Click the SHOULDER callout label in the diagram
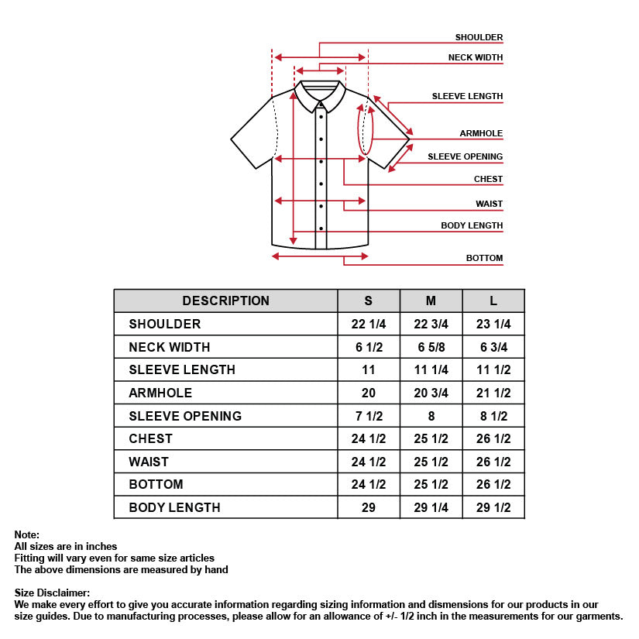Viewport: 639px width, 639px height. coord(479,37)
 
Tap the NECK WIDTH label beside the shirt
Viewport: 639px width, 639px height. coord(475,57)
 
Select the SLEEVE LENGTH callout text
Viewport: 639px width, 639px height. coord(467,96)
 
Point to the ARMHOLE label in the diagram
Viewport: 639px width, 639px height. coord(481,133)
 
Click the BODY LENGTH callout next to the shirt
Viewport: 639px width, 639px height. coord(472,225)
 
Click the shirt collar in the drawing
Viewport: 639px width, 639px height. coord(321,93)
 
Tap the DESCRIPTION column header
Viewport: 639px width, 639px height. coord(225,301)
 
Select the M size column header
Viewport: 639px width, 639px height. coord(431,301)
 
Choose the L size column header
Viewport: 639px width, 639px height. coord(493,301)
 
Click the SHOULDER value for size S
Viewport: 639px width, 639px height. coord(369,324)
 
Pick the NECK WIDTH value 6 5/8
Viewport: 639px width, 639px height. coord(431,347)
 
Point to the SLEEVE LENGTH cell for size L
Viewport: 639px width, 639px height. coord(493,369)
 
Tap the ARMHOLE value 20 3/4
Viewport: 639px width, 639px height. coord(431,393)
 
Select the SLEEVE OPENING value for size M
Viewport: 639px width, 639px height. coord(431,416)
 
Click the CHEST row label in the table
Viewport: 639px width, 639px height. coord(150,438)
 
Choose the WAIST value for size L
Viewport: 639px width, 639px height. coord(493,462)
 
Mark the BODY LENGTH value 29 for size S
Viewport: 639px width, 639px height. coord(369,507)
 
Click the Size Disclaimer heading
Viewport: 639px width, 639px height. coord(52,593)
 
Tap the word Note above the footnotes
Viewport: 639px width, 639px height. coord(26,534)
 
